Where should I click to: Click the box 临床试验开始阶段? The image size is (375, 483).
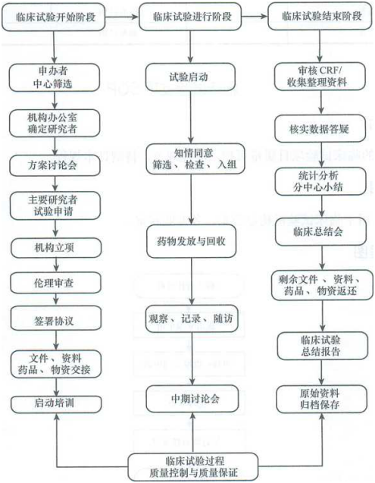coord(54,17)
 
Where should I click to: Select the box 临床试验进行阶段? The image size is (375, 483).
coord(190,17)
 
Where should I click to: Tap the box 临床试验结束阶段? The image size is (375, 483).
coord(320,16)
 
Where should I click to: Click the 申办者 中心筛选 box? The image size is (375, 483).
coord(55,77)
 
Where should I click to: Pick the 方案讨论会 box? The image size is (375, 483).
coord(55,165)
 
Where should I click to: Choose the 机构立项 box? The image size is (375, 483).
coord(56,248)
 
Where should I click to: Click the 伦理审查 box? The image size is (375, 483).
coord(56,283)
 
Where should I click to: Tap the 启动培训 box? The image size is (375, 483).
coord(56,404)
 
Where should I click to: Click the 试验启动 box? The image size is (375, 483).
coord(190,77)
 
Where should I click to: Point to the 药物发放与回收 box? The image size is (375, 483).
coord(191,241)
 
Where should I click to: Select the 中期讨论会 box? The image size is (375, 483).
coord(192,399)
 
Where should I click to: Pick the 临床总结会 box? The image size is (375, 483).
coord(320,232)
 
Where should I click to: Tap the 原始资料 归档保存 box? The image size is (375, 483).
coord(322,399)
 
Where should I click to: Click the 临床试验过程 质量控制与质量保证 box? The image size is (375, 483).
coord(193,466)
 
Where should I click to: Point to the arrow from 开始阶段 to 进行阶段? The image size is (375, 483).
coord(122,17)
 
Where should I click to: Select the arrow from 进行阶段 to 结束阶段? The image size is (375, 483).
coord(255,16)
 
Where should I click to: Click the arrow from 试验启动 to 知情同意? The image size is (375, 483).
coord(191,118)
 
